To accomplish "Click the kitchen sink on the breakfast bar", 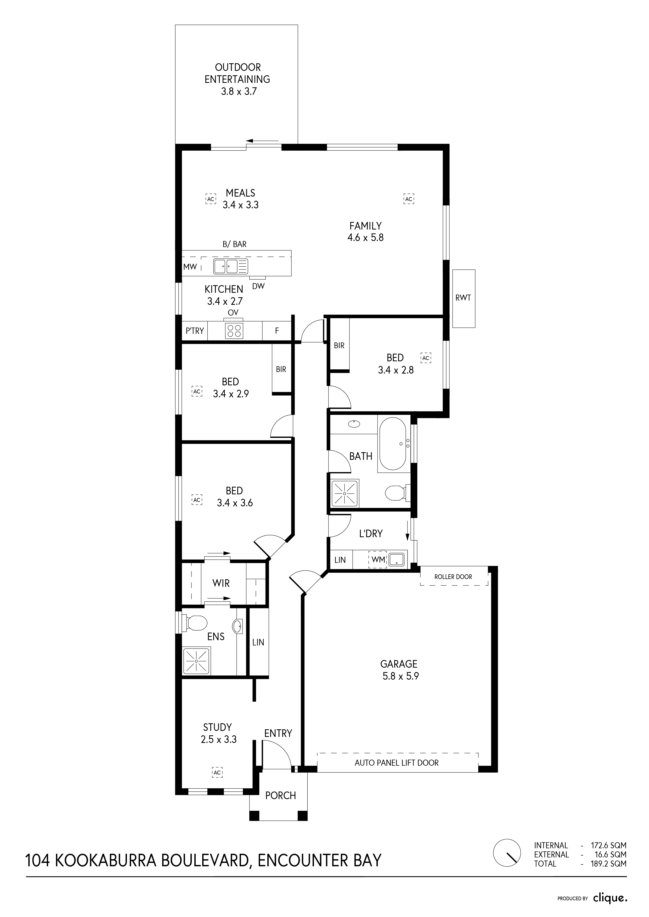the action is click(230, 266).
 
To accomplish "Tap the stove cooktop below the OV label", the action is click(234, 330).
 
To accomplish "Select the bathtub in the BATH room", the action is click(392, 444).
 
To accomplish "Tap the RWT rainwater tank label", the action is click(463, 298).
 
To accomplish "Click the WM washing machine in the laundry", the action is click(378, 560).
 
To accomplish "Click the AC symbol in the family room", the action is click(408, 199).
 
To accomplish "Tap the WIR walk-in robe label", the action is click(221, 583).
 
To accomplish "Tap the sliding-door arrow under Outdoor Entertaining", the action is click(263, 141).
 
